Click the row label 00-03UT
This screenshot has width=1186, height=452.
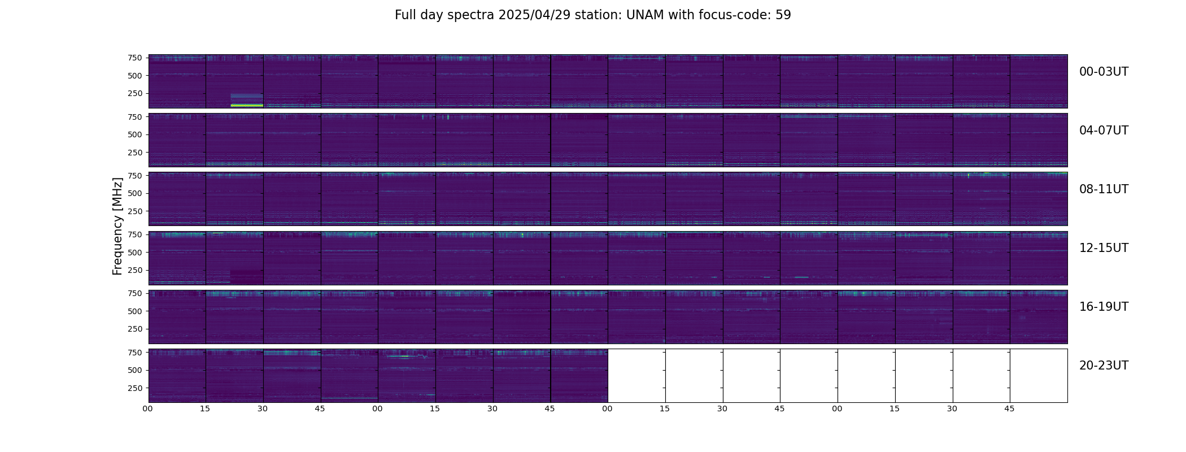(1104, 72)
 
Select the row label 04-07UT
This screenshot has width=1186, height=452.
(1104, 131)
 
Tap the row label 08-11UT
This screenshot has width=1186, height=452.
(1104, 189)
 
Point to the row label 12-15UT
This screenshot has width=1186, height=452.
(1104, 248)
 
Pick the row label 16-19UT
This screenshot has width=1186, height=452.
(1104, 307)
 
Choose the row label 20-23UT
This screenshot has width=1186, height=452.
(1104, 366)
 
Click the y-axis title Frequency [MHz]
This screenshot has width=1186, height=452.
(117, 226)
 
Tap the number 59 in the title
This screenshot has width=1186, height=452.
(783, 15)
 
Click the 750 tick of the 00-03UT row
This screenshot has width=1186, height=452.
(135, 58)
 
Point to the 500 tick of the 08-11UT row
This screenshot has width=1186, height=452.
(135, 193)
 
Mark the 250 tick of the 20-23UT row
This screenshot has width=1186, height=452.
(135, 388)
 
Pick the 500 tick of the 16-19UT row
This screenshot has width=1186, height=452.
(135, 311)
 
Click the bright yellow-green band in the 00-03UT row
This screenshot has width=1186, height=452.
(247, 105)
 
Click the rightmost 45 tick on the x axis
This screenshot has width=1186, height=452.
(1009, 408)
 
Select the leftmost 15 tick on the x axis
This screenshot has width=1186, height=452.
(205, 408)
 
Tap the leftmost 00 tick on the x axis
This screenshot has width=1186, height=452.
(148, 408)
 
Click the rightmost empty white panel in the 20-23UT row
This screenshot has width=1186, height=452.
(1039, 376)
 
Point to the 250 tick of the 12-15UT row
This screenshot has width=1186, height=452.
(135, 270)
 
